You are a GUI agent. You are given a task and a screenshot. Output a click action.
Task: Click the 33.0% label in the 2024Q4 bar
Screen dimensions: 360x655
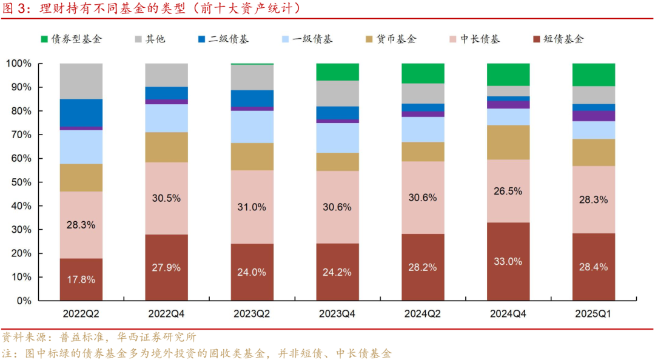[x=508, y=261]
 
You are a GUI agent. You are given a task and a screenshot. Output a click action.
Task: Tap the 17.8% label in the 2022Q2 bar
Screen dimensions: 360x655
[x=81, y=280]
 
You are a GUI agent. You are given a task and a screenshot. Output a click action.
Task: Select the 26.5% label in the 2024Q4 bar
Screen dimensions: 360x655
[x=508, y=191]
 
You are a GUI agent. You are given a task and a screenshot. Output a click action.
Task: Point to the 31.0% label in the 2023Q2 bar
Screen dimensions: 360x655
[x=252, y=207]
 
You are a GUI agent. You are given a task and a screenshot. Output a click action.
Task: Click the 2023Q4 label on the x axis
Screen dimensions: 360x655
[x=337, y=314]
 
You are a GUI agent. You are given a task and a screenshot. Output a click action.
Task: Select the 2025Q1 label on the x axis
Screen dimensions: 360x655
[x=594, y=314]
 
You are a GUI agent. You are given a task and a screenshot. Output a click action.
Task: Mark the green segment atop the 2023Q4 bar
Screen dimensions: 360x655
[x=337, y=72]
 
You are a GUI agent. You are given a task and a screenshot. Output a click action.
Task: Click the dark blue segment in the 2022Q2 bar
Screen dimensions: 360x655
[x=81, y=113]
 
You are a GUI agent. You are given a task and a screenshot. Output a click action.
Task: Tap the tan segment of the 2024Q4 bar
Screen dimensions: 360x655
[x=508, y=142]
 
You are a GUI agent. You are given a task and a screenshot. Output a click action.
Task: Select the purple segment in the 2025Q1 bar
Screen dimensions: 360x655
[x=594, y=116]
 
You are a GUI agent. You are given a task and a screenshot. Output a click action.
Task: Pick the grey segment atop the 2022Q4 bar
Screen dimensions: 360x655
[x=166, y=75]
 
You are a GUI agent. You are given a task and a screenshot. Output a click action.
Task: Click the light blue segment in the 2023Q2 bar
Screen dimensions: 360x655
[x=252, y=127]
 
